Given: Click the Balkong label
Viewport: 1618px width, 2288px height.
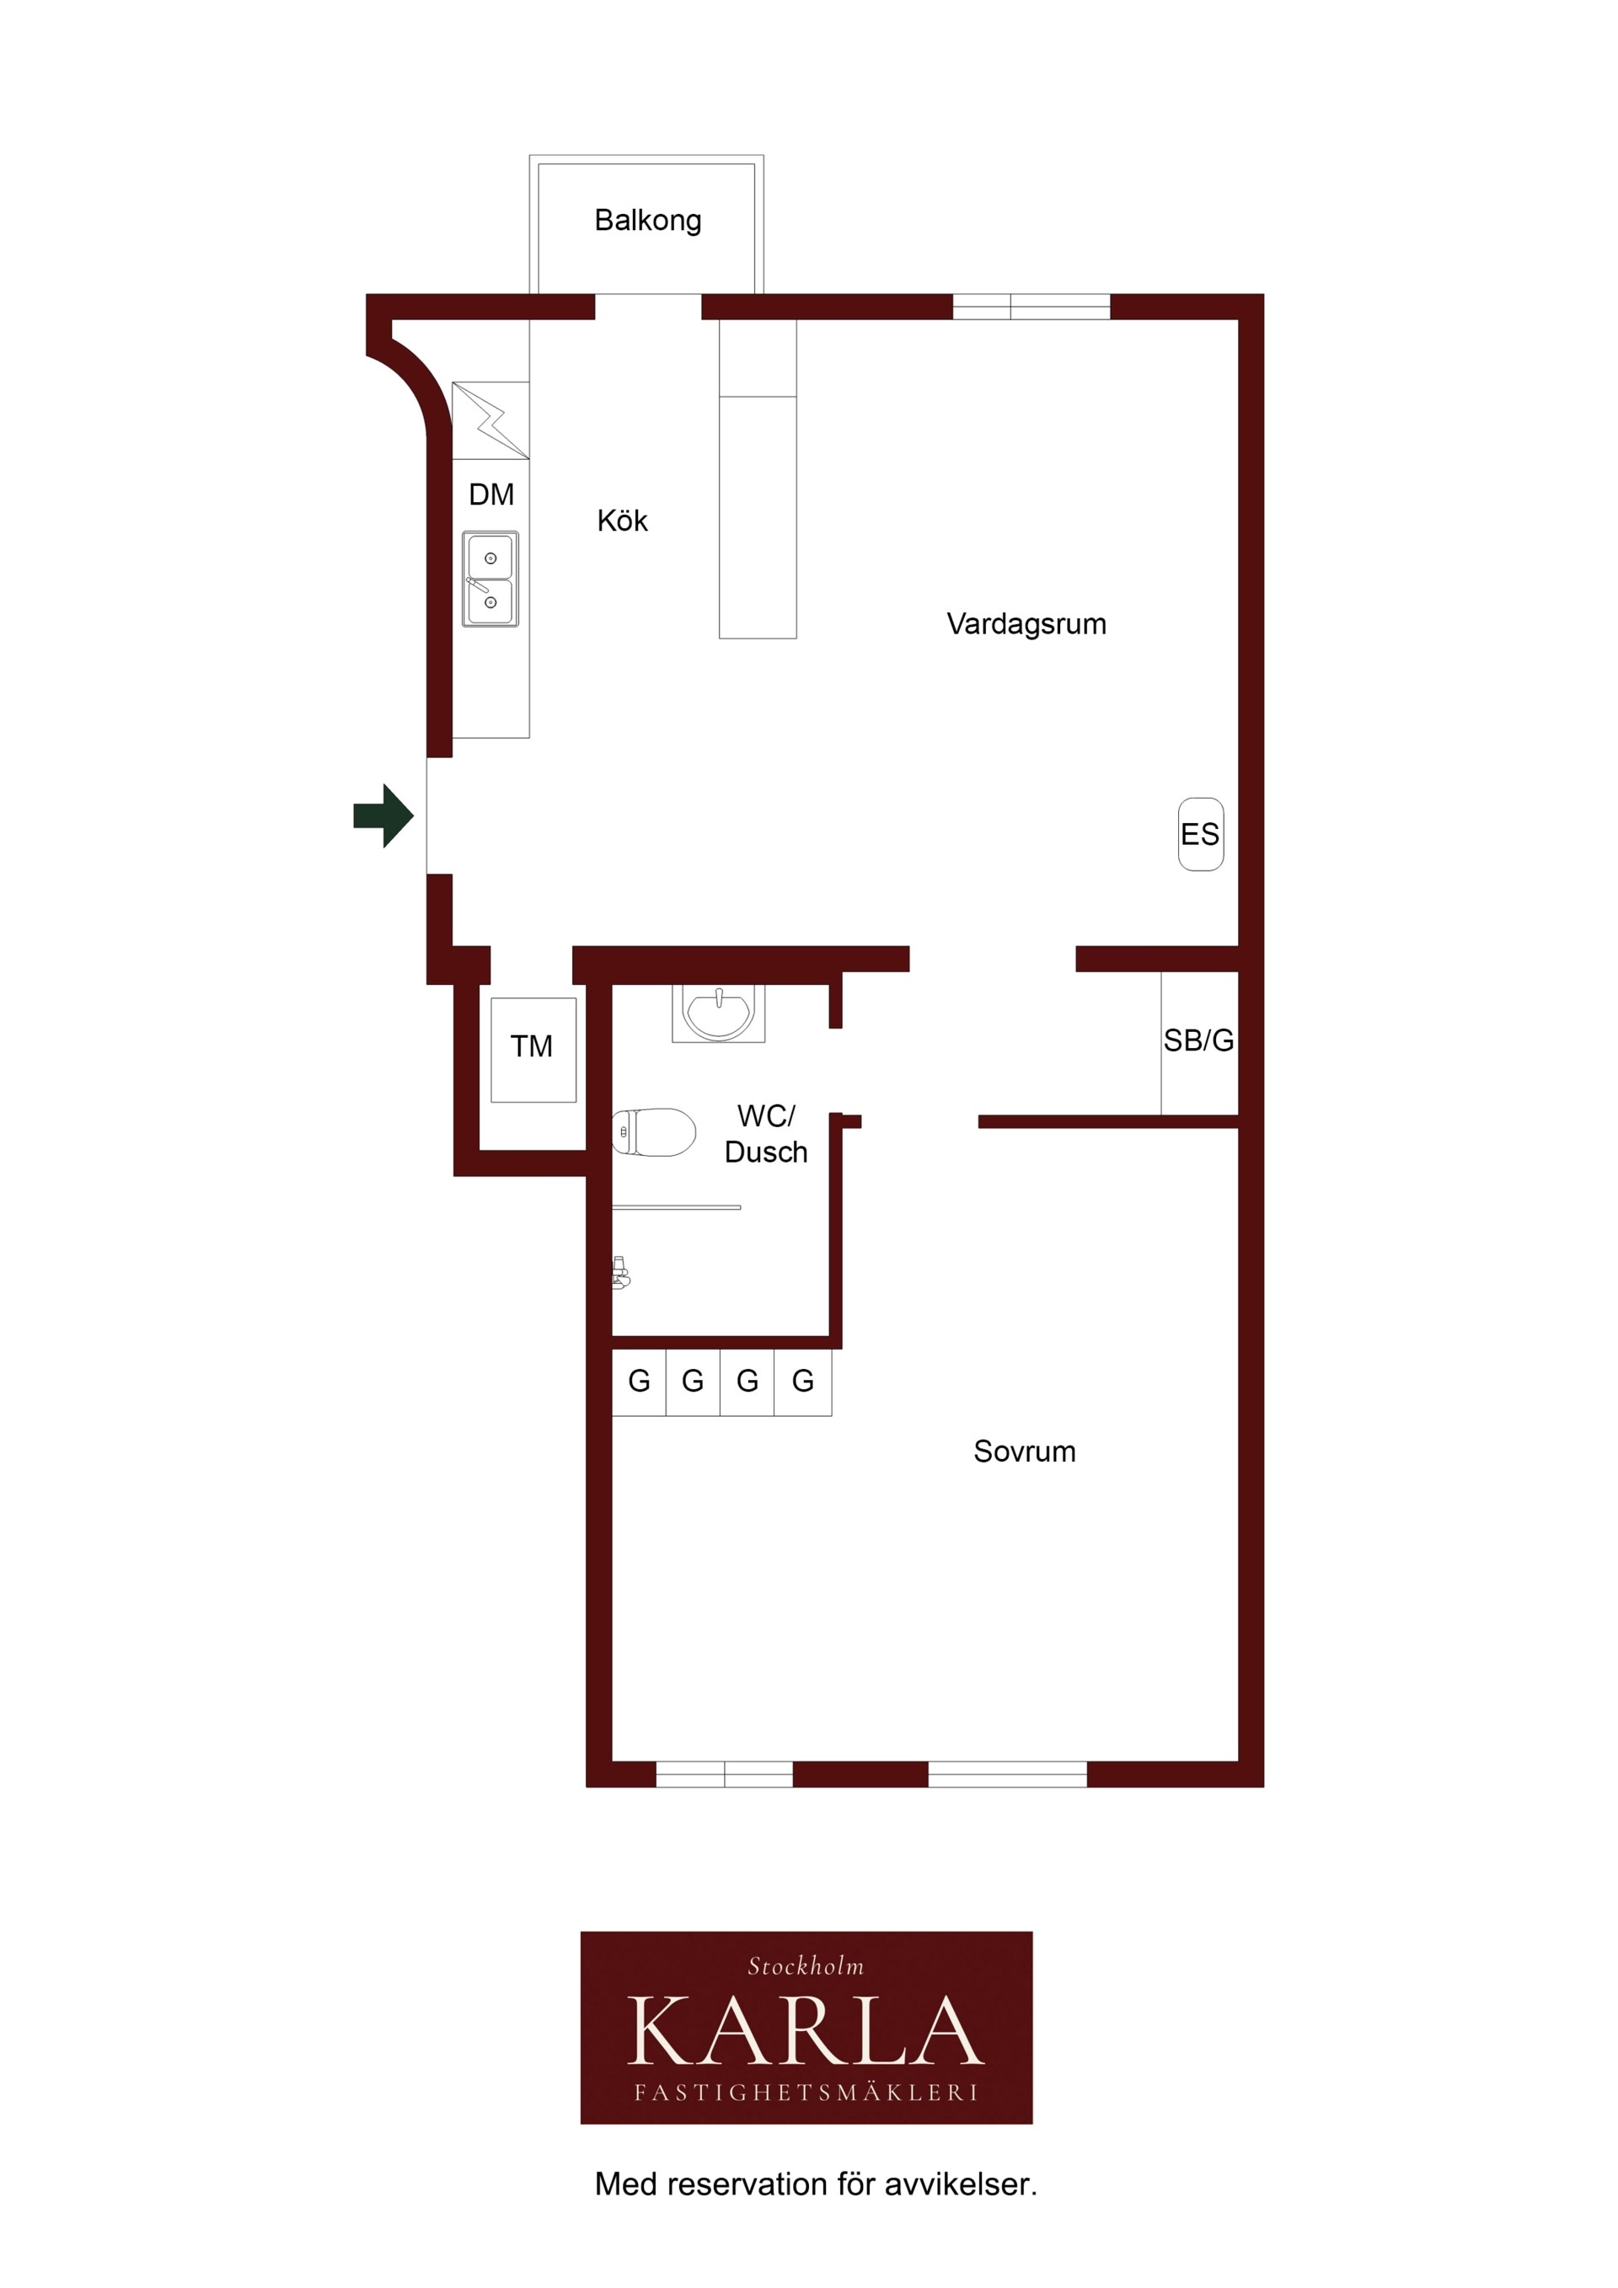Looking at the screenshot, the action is (648, 220).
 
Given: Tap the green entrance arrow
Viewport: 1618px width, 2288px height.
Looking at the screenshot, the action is (383, 816).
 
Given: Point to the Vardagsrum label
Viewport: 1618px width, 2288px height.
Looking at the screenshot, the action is (1026, 624).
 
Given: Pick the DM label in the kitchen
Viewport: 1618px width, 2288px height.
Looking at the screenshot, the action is (491, 494).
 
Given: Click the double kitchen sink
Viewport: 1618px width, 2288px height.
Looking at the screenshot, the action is (490, 579).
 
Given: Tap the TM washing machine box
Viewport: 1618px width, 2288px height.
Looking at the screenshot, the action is (533, 1050).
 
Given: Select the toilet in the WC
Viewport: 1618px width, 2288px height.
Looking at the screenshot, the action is (653, 1132).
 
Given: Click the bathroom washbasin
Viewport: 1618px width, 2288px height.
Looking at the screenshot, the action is (718, 1013).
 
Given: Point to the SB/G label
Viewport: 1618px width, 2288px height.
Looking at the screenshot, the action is (1198, 1040).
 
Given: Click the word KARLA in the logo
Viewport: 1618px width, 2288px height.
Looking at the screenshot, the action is (806, 2032).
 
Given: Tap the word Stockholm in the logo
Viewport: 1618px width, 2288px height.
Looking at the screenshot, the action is (806, 1966).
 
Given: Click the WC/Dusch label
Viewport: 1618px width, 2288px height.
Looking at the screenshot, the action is (766, 1133).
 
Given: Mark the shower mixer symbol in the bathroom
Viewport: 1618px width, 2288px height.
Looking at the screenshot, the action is (620, 1273).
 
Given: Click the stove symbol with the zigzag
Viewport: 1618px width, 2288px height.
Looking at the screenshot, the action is (490, 420).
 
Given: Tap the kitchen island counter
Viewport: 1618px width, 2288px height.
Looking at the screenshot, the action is (758, 478).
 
